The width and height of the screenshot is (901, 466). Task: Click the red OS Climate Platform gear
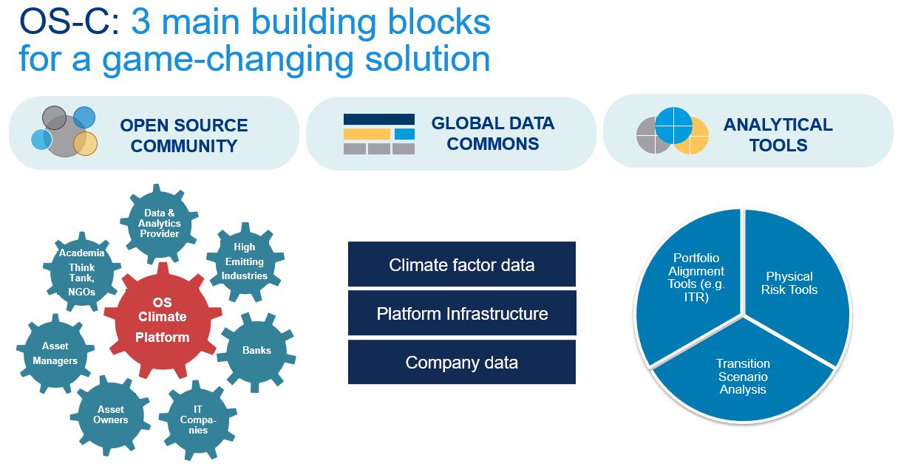(163, 321)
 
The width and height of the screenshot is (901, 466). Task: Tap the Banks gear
(256, 351)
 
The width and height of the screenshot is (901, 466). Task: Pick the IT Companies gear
(198, 419)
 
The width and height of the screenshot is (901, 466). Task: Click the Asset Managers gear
(55, 354)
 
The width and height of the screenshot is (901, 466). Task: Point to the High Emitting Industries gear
(245, 261)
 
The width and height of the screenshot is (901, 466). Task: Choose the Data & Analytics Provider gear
(160, 223)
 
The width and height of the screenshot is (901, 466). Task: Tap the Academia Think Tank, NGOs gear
(81, 272)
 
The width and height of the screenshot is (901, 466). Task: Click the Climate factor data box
(462, 264)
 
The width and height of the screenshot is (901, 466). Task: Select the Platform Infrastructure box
(462, 313)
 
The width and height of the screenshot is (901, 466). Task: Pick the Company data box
(462, 362)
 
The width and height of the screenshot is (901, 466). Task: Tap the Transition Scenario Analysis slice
(743, 376)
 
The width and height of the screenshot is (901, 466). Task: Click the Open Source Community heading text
(184, 135)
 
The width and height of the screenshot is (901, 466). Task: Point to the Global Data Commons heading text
(493, 134)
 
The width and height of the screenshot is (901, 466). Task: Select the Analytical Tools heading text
(778, 134)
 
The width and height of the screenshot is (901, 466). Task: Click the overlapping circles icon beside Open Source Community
(64, 131)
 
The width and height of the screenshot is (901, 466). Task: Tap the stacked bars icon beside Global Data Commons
(379, 134)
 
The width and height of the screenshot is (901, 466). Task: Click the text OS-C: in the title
(69, 22)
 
